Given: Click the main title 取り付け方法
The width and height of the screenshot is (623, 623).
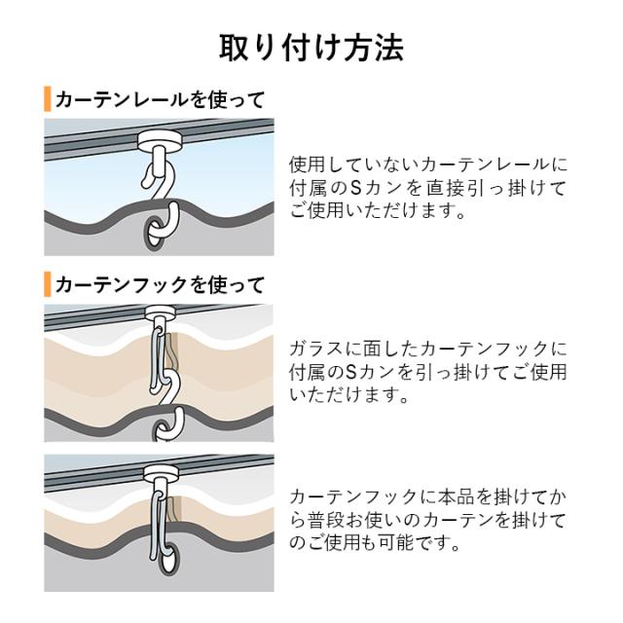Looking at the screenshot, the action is [x=311, y=48].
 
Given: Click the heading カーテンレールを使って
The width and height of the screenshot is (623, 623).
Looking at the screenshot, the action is [x=160, y=99].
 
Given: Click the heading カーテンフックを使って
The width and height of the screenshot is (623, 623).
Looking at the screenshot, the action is [x=160, y=285].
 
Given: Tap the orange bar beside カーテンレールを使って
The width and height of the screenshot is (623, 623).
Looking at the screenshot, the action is [x=48, y=99].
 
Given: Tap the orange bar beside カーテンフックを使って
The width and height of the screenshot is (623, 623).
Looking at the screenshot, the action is [x=48, y=284].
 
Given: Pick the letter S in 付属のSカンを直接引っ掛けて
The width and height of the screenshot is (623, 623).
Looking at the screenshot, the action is [x=356, y=188].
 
